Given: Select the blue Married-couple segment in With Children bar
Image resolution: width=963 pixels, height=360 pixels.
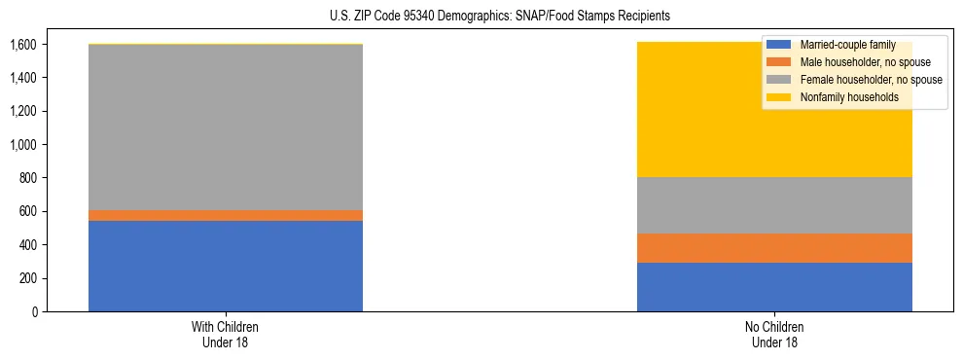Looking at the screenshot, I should pyautogui.click(x=226, y=266).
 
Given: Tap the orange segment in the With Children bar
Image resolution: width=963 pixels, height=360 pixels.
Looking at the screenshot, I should pyautogui.click(x=226, y=215).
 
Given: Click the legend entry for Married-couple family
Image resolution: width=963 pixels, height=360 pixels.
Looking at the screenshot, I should pyautogui.click(x=842, y=45).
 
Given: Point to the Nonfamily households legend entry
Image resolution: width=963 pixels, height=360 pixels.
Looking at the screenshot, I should pyautogui.click(x=849, y=97).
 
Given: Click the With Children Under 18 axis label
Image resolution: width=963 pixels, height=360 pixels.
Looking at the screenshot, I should pyautogui.click(x=226, y=334).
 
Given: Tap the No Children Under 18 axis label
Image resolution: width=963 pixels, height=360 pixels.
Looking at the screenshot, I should pyautogui.click(x=775, y=334).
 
